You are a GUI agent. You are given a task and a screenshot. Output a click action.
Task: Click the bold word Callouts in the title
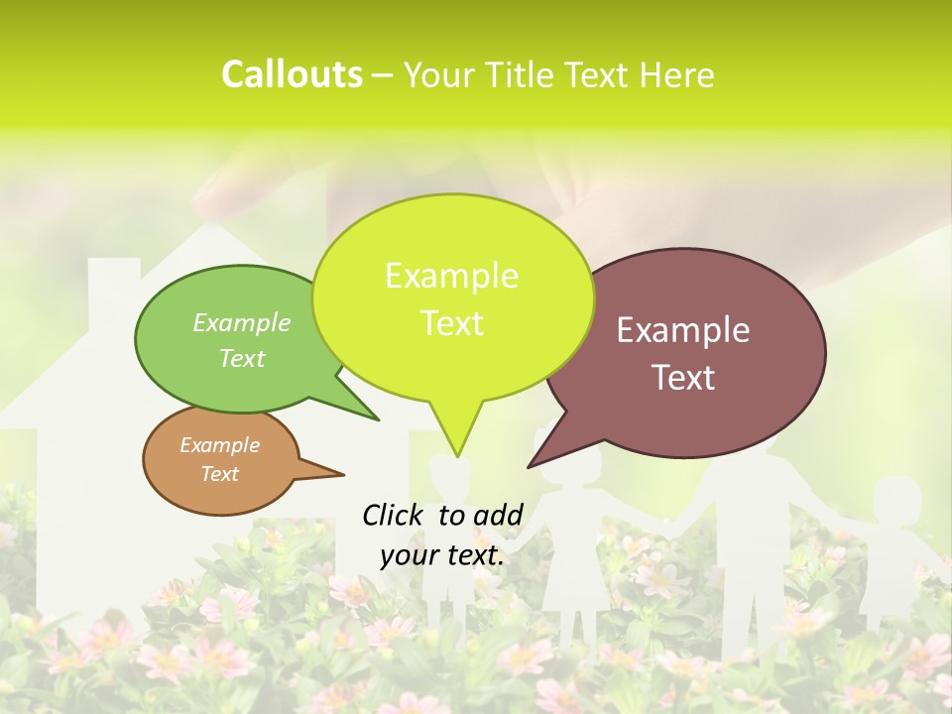tap(292, 74)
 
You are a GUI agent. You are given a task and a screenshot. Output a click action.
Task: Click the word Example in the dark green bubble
tap(242, 322)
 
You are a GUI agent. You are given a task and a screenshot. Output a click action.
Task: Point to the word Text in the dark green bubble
tap(242, 358)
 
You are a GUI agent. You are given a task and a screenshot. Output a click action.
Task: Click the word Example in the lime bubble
tap(452, 275)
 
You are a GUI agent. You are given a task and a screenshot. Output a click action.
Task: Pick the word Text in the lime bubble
tap(452, 322)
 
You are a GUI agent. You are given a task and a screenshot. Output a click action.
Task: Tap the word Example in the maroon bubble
tap(683, 330)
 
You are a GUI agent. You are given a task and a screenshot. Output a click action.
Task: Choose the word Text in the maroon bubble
tap(683, 377)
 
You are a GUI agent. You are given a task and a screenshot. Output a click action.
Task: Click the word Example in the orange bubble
tap(220, 445)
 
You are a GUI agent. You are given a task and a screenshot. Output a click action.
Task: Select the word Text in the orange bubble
tap(220, 473)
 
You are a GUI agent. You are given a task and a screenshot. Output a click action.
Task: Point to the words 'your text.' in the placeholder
tap(442, 555)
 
